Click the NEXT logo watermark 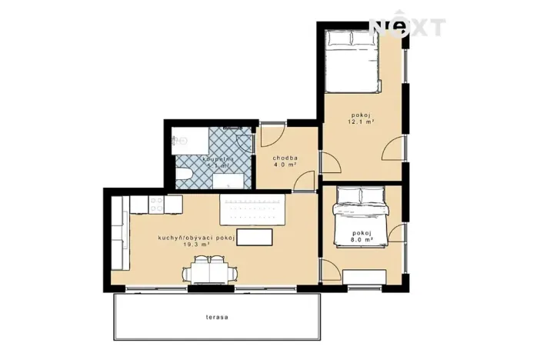pos(407,28)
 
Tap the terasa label pos(217,316)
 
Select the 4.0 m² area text pos(285,165)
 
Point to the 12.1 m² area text pos(361,122)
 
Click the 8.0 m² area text pos(362,239)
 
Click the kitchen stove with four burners pos(155,205)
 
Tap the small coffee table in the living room pos(255,236)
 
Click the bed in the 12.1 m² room pos(351,59)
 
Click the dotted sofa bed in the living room pos(253,208)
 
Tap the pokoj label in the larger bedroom pos(361,115)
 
